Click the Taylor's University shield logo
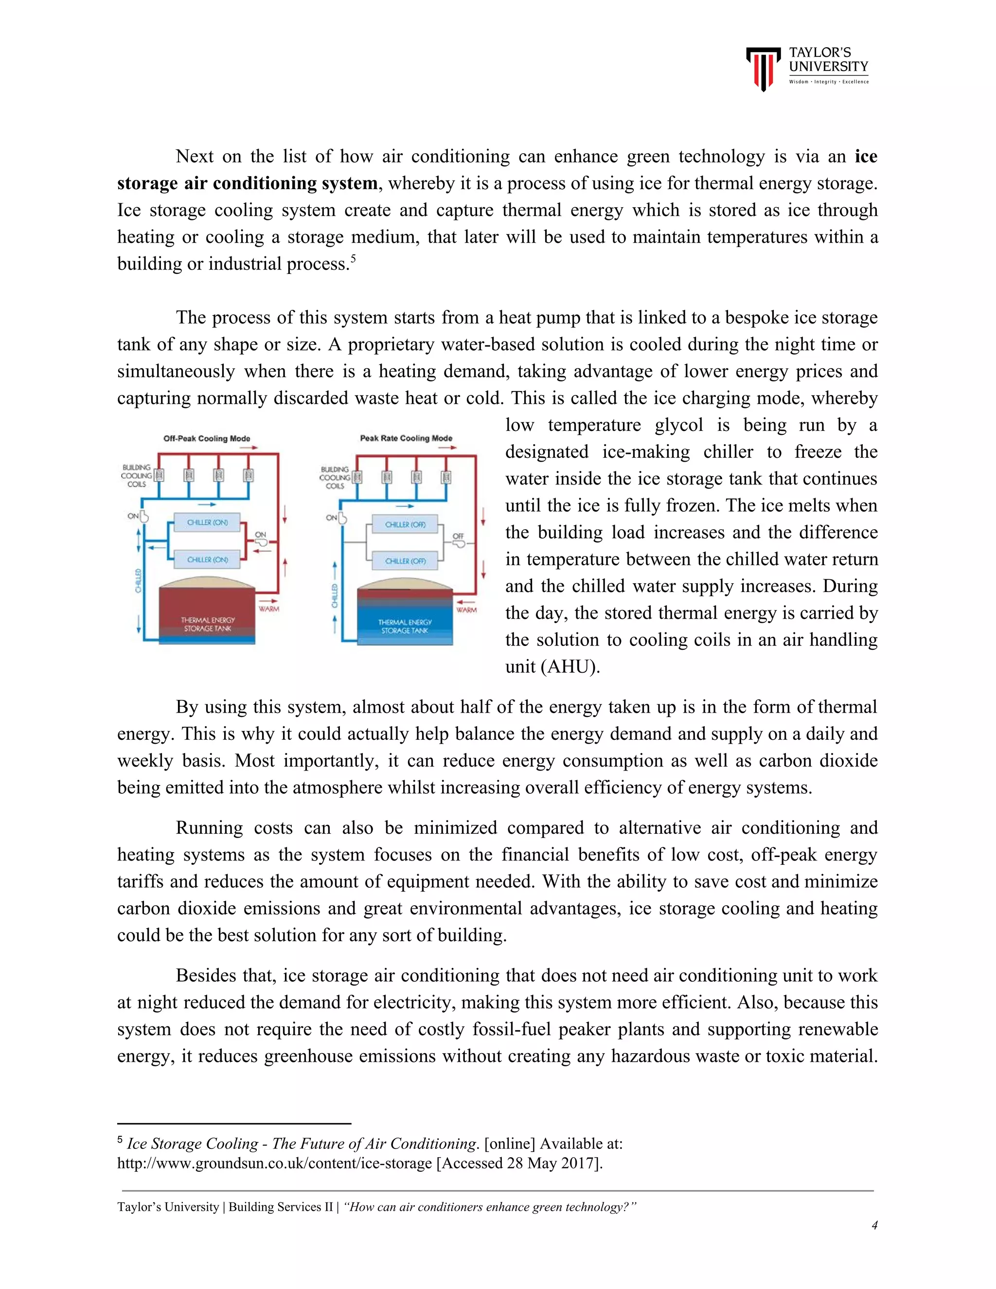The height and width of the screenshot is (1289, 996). pyautogui.click(x=764, y=69)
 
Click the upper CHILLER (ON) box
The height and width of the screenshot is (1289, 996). pyautogui.click(x=207, y=522)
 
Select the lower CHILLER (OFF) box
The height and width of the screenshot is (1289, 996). pyautogui.click(x=406, y=561)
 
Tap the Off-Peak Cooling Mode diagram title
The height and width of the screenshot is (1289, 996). pyautogui.click(x=207, y=439)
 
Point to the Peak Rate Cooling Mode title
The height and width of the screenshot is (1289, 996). pyautogui.click(x=406, y=438)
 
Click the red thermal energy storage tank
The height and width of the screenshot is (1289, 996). pyautogui.click(x=207, y=614)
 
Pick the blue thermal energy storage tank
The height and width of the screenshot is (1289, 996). pyautogui.click(x=405, y=617)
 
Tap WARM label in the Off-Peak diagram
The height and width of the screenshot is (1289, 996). pyautogui.click(x=268, y=609)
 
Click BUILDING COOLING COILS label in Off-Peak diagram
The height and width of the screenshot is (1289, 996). pyautogui.click(x=136, y=476)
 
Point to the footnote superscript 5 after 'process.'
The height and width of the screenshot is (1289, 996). pyautogui.click(x=353, y=258)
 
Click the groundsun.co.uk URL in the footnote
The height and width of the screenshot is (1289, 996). pyautogui.click(x=274, y=1164)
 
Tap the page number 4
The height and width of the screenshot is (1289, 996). pyautogui.click(x=874, y=1225)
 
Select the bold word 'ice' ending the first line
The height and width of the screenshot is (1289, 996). pyautogui.click(x=866, y=157)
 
